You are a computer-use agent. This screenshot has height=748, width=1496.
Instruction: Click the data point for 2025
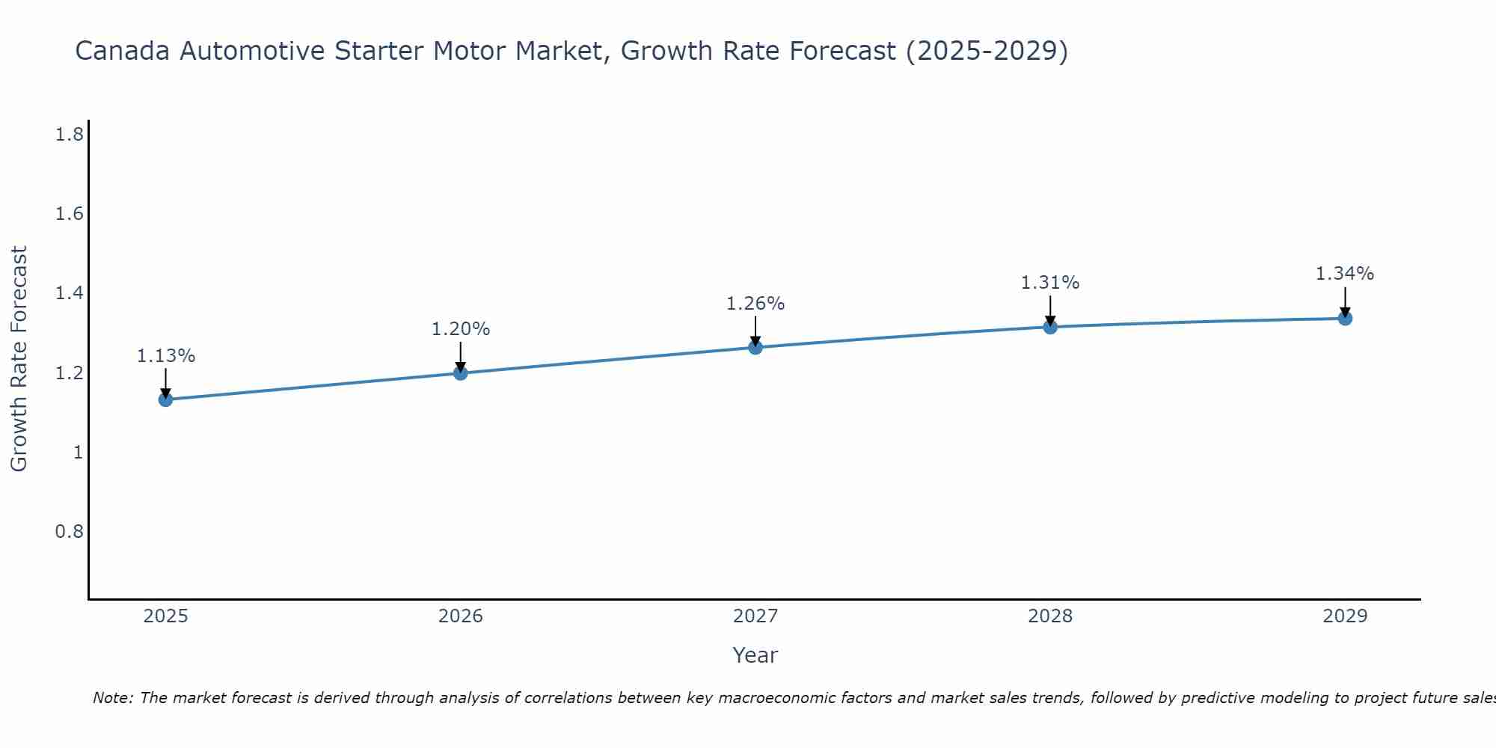(165, 399)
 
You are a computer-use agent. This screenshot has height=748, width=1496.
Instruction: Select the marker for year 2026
(461, 373)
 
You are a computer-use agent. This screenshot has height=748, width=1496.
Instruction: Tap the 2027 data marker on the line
(755, 347)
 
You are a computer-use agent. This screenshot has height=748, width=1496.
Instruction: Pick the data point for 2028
(1050, 327)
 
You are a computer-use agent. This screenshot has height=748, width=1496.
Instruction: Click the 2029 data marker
(1345, 319)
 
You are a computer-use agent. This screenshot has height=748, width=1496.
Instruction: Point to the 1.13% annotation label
(165, 356)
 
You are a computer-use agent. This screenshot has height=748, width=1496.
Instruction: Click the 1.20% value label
(461, 329)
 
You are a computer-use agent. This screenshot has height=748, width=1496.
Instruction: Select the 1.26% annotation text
(755, 304)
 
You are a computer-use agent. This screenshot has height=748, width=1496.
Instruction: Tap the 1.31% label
(1050, 283)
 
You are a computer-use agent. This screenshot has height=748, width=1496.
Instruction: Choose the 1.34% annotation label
(1345, 274)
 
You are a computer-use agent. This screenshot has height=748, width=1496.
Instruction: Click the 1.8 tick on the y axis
(69, 135)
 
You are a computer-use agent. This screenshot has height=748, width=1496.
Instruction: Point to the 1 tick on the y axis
(78, 452)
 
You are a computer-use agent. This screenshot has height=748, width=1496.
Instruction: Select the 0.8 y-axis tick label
(69, 531)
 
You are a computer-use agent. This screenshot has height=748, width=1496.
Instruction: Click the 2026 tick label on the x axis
(461, 616)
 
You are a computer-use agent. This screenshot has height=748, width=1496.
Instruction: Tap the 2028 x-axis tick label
(1050, 616)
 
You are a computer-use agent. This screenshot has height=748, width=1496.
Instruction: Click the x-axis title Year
(755, 655)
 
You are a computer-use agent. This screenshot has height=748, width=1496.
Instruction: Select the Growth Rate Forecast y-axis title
(19, 359)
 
